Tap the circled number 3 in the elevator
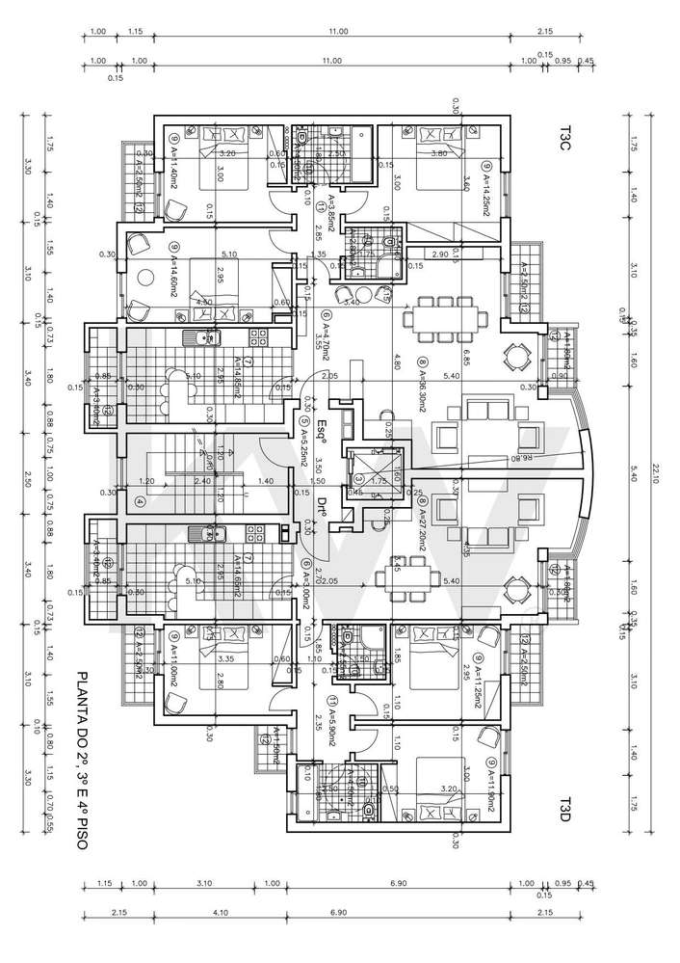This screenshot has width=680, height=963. tap(357, 479)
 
